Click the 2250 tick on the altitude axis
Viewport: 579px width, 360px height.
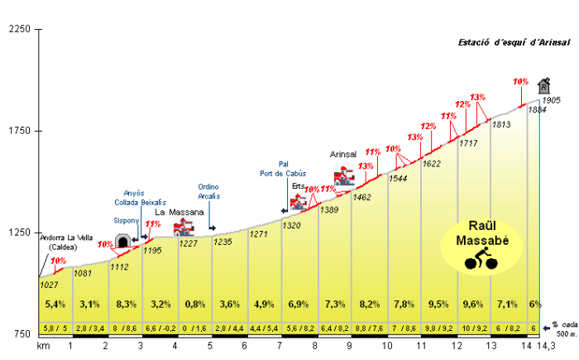click(x=17, y=29)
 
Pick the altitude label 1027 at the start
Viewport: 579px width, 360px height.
click(x=49, y=285)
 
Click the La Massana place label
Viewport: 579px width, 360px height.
click(x=179, y=212)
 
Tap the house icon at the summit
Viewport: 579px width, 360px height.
click(x=543, y=85)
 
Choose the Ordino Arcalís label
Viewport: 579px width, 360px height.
click(x=208, y=191)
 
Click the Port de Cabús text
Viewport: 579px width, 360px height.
click(x=283, y=174)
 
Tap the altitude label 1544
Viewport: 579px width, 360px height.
click(x=399, y=178)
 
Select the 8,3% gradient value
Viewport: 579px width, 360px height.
click(x=126, y=304)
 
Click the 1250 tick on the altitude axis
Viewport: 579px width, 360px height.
click(x=17, y=233)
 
